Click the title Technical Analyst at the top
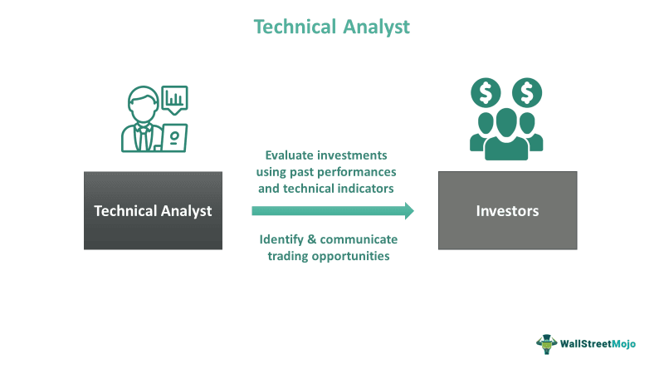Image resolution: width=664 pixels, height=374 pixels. [x=331, y=27]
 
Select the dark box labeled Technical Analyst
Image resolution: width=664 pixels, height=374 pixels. [x=153, y=210]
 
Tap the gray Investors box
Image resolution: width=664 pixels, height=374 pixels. [x=507, y=210]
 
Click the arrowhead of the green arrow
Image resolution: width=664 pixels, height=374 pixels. [x=409, y=211]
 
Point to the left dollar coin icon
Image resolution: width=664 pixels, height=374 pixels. [x=486, y=93]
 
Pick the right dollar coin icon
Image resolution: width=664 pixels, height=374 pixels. [x=527, y=93]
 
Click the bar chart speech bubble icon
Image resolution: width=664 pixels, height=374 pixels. [x=174, y=100]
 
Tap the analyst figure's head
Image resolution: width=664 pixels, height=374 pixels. [x=143, y=105]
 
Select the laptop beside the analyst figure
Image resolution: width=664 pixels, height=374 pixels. [x=173, y=138]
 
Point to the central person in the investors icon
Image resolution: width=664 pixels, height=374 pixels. [x=506, y=135]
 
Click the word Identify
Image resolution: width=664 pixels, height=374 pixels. [x=281, y=239]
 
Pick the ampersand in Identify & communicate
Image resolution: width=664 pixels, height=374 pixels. [x=312, y=239]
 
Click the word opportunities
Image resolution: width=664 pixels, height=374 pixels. [x=350, y=257]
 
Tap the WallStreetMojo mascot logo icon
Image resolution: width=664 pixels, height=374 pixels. [x=547, y=344]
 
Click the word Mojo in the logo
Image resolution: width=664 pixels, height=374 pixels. [x=623, y=344]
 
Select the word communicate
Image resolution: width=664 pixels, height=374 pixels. [x=359, y=239]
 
